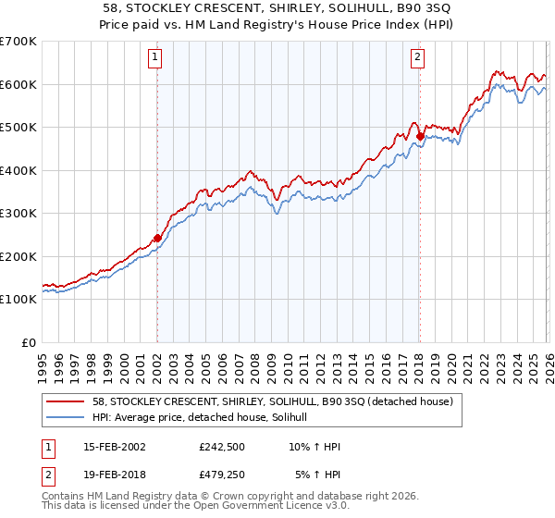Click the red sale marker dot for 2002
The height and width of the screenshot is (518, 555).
[157, 238]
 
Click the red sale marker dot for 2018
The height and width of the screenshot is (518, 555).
[420, 136]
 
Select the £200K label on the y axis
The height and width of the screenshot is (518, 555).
[18, 257]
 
